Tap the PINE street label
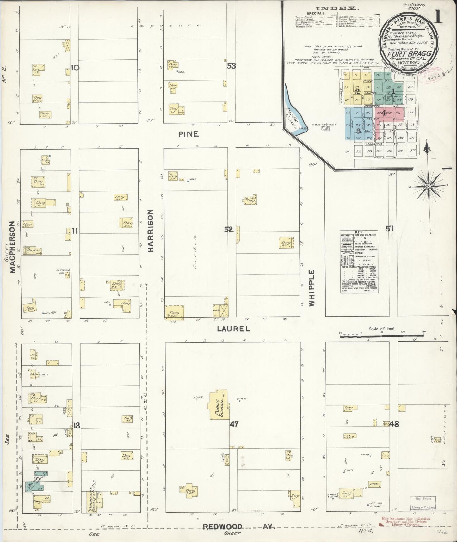point(188,134)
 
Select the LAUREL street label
point(233,329)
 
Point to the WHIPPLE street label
point(312,288)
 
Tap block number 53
point(232,66)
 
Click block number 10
point(75,67)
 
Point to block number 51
point(389,228)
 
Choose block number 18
point(77,426)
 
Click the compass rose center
point(428,187)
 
